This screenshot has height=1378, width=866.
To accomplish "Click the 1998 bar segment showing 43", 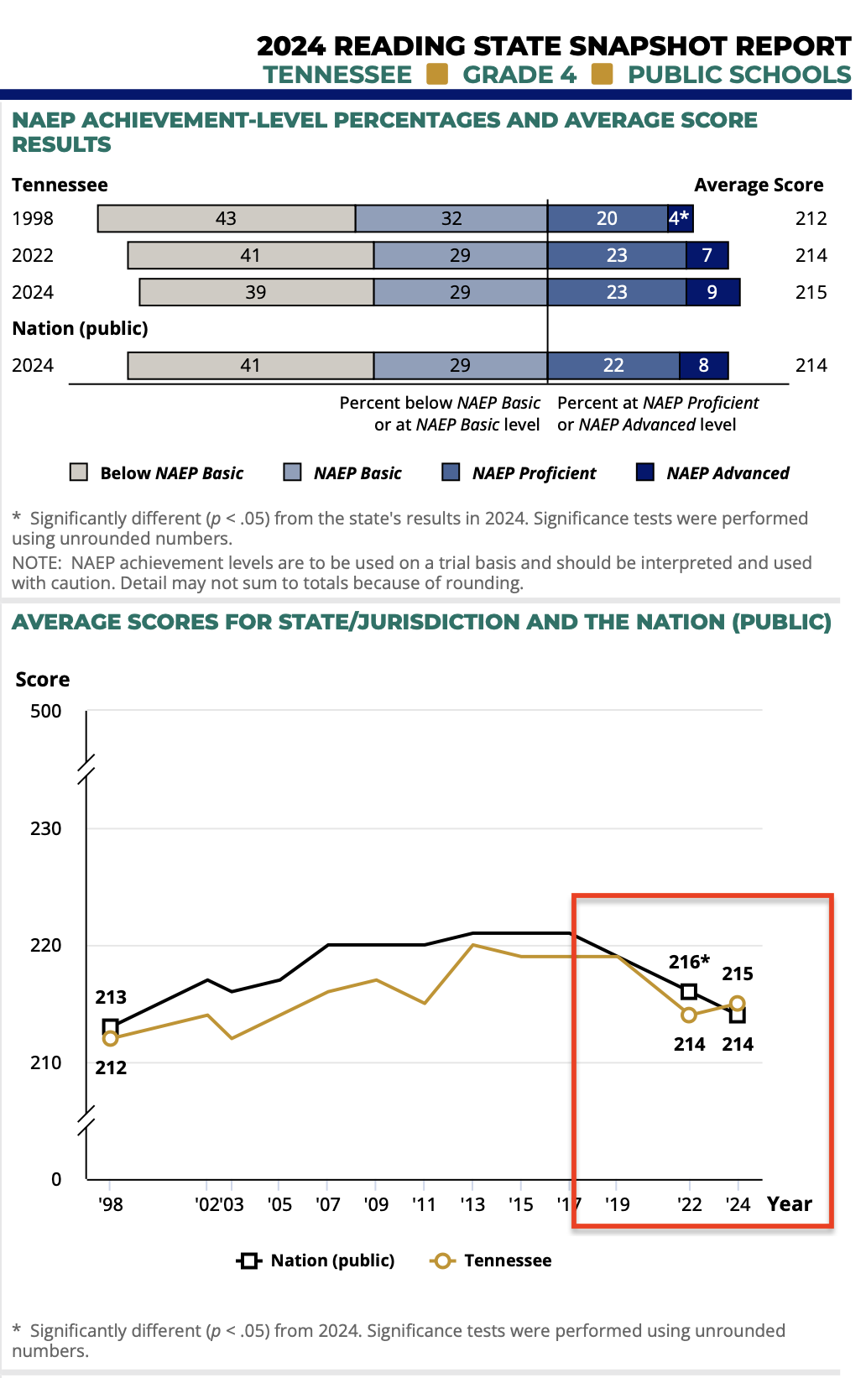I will [227, 218].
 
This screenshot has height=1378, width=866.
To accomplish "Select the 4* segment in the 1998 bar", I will [680, 218].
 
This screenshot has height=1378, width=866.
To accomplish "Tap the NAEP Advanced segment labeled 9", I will [712, 292].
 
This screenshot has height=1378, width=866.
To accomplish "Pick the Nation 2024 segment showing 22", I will [613, 365].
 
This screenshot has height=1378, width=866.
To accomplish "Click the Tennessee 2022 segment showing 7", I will [707, 255].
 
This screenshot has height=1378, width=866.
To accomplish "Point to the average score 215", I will [811, 292].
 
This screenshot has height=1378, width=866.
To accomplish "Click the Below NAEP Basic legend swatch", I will [79, 472].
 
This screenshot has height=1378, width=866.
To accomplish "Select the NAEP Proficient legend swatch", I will [451, 472].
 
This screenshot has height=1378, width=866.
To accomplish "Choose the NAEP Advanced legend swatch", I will [645, 472].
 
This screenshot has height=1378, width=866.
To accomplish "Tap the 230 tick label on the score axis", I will [46, 828].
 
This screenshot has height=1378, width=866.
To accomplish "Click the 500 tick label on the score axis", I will [46, 711].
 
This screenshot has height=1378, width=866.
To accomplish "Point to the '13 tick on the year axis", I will [472, 1204].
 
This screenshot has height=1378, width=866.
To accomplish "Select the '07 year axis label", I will [328, 1204].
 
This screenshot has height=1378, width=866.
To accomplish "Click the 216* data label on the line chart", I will [689, 962].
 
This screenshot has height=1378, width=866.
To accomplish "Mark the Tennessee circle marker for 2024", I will [738, 1003].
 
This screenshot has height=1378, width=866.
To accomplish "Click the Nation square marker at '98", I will [110, 1026].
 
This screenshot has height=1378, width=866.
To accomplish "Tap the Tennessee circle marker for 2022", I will [689, 1015].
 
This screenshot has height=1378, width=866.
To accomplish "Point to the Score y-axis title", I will [43, 679].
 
